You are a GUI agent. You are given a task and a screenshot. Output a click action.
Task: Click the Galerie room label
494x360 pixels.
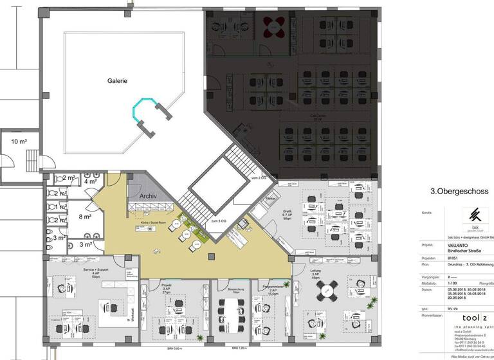click(117, 81)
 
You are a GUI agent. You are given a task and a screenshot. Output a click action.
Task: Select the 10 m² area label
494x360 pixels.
click(19, 141)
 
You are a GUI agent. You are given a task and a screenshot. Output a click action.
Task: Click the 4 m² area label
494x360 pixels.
click(89, 182)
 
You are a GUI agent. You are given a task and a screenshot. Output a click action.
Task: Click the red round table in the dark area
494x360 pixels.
click(275, 26)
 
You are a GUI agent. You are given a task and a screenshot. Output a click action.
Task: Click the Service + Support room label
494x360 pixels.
click(95, 271)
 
